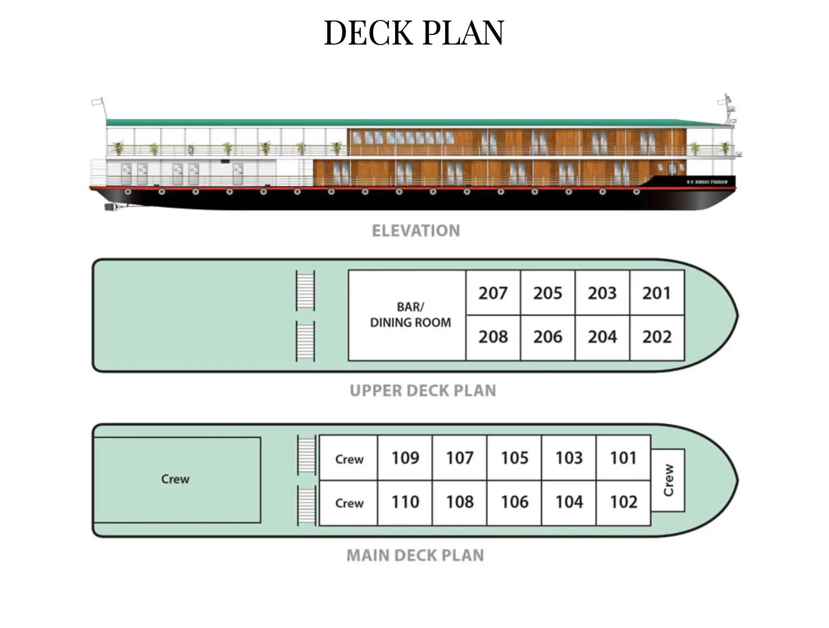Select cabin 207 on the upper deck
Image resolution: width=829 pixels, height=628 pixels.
[x=493, y=293]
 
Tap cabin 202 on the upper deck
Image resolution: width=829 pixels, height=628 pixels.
[x=657, y=337]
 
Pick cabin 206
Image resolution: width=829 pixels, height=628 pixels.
[x=547, y=337]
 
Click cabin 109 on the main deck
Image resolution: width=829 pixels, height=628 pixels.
[x=405, y=458]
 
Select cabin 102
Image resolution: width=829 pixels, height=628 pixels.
[x=623, y=502]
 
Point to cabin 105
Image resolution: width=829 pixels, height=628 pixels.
[x=514, y=458]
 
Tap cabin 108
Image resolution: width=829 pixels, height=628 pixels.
[x=460, y=502]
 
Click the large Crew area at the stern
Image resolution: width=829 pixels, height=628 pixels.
[x=176, y=479]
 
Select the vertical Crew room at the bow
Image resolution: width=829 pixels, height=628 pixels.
[x=668, y=480]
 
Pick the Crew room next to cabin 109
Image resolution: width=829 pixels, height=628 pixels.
[x=349, y=459]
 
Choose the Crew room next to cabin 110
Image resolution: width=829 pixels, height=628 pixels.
[x=349, y=503]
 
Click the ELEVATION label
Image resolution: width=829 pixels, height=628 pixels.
[x=416, y=231]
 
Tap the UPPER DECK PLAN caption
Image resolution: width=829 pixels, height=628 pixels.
[x=423, y=390]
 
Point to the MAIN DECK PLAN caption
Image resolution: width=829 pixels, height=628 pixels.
[x=415, y=555]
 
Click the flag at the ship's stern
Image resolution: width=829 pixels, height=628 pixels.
[x=97, y=102]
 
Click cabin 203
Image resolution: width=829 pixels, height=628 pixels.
[x=602, y=293]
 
